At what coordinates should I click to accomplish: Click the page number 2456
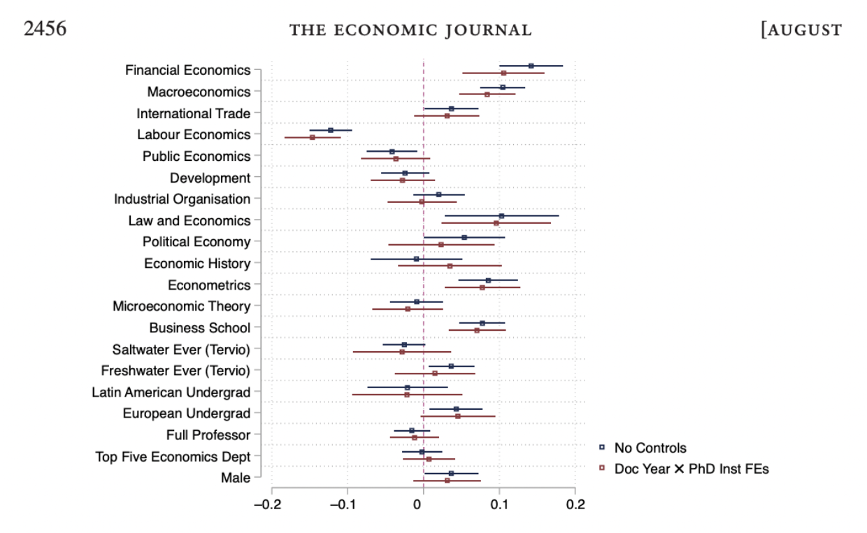(45, 29)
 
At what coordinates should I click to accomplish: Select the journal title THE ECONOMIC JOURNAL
(410, 29)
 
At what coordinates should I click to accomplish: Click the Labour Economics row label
(194, 134)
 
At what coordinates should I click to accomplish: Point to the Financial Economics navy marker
(531, 66)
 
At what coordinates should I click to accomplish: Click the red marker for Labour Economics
(313, 137)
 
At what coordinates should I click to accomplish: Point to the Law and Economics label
(189, 220)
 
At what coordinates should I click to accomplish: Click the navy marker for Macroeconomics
(503, 87)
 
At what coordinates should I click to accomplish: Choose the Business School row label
(199, 327)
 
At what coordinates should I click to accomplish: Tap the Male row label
(235, 478)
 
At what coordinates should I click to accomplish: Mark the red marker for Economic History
(450, 266)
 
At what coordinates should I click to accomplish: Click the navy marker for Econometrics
(488, 280)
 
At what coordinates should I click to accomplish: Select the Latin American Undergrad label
(171, 392)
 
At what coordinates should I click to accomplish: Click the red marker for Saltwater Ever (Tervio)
(402, 352)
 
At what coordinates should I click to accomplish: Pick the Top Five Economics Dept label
(173, 457)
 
